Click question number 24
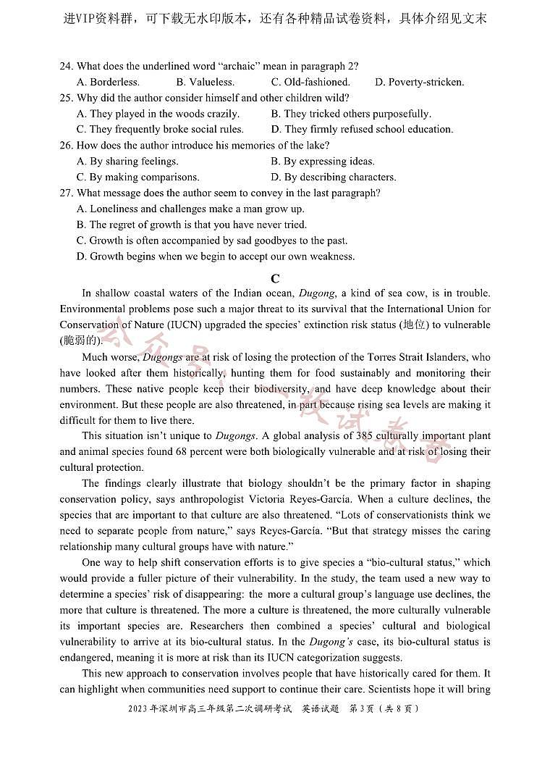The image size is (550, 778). pos(66,66)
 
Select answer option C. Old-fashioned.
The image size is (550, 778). pos(310,82)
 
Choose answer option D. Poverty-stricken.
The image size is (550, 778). pos(419,82)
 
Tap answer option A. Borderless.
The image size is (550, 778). pos(108,82)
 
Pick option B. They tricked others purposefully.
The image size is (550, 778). pos(351,114)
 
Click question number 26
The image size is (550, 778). pos(66,146)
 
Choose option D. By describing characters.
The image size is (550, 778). pos(334,177)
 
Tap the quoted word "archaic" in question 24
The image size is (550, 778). pos(230,66)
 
